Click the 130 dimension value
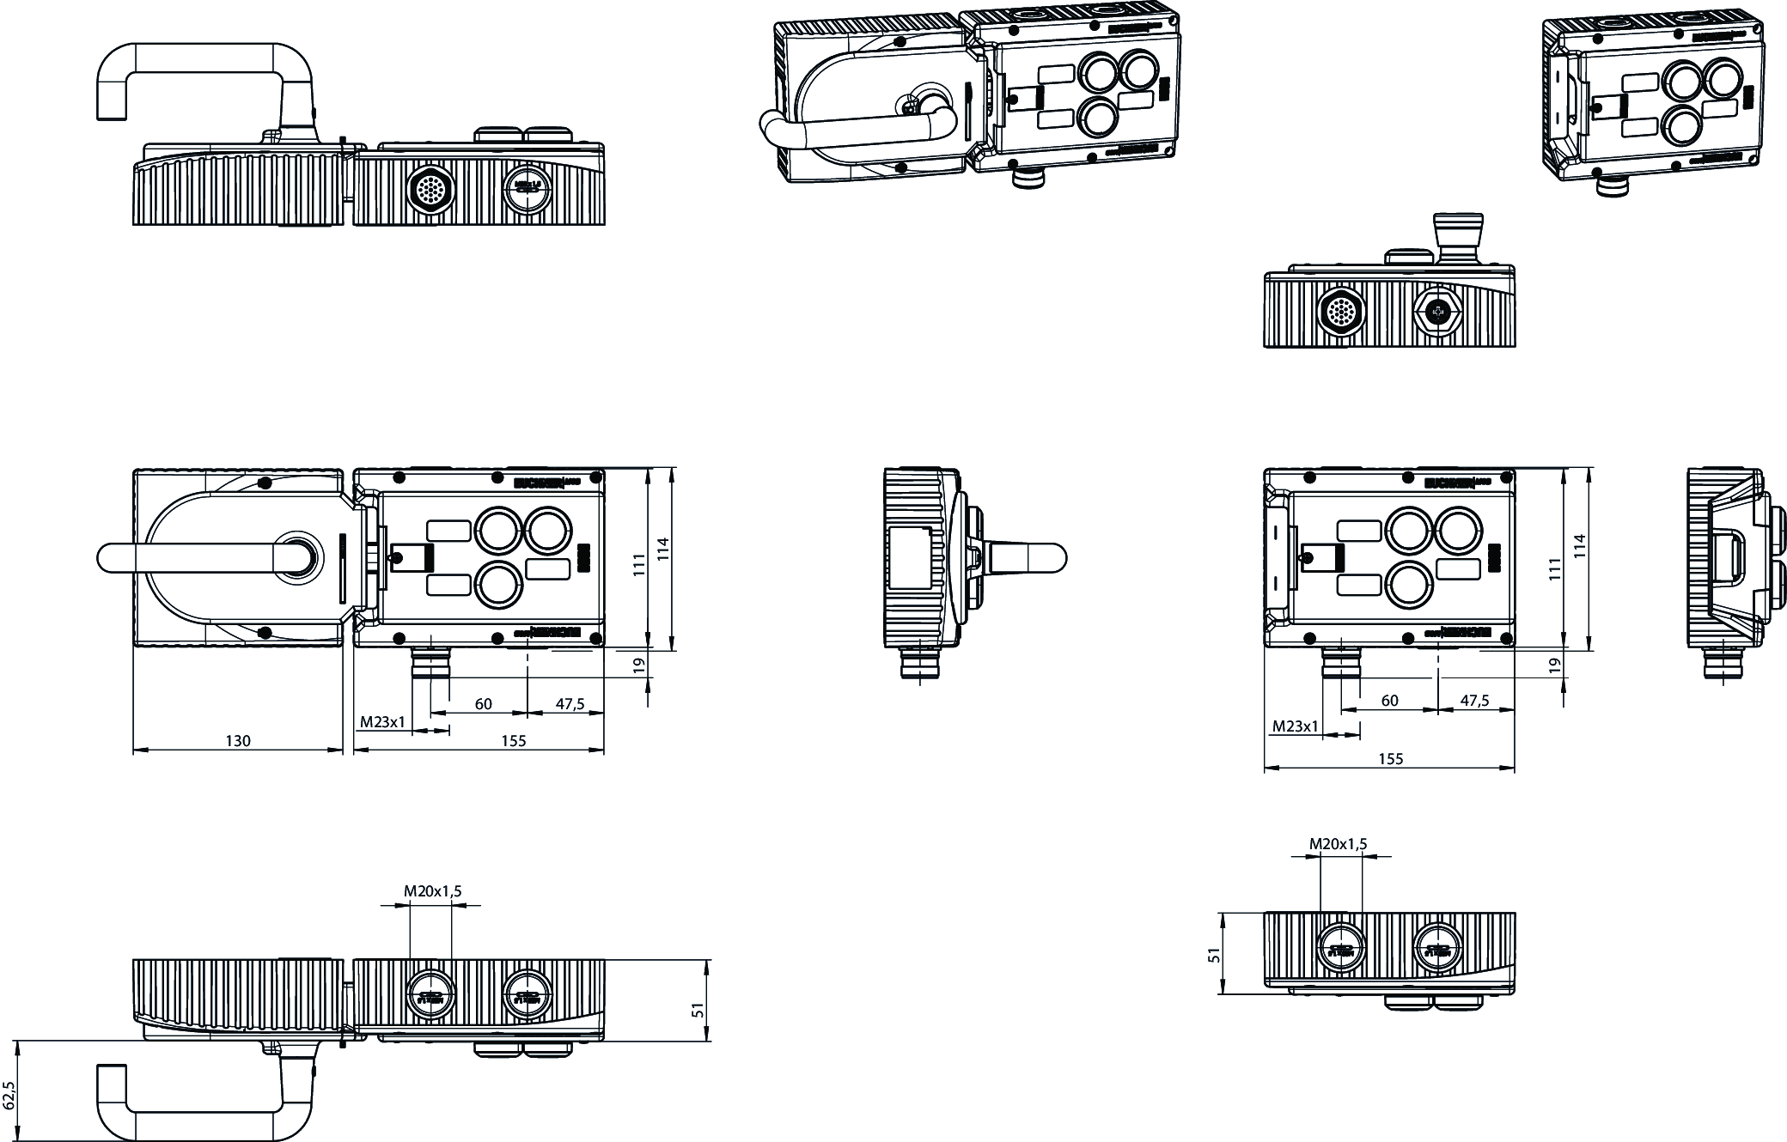[x=238, y=741]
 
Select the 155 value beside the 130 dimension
[x=513, y=741]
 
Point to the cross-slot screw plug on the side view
[x=1438, y=314]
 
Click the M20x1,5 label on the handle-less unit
[x=1338, y=844]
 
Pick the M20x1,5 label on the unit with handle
[x=433, y=891]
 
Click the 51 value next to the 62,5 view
[x=698, y=1011]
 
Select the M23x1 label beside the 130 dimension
[x=382, y=722]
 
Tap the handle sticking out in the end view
[x=1031, y=558]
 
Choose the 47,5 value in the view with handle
[x=570, y=704]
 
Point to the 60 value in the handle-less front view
[x=1389, y=701]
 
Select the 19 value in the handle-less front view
[x=1554, y=665]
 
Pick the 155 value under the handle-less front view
[x=1390, y=759]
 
